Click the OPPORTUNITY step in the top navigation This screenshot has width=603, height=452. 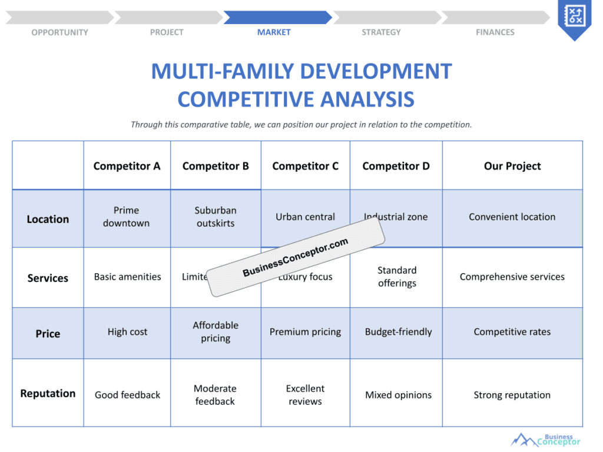pos(59,32)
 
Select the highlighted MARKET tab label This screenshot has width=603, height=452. pos(274,32)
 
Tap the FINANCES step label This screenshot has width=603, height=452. pos(495,32)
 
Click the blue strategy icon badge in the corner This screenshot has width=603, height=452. pos(574,16)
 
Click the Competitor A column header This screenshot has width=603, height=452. pos(127,166)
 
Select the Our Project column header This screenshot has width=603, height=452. pos(512,166)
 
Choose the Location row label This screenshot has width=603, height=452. pos(48,219)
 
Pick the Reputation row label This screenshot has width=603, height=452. pos(48,393)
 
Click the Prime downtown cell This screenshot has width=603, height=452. pos(127,217)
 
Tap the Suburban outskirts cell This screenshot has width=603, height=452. pos(216,217)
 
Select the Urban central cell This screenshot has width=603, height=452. pos(305,217)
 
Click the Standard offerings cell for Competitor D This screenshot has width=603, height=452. pos(397,277)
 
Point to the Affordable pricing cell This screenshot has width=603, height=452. pos(216,331)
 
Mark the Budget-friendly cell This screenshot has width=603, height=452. pos(398,332)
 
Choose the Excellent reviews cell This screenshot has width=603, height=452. pos(305,395)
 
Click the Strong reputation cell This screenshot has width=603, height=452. pos(512,395)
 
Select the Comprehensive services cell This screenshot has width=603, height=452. pos(512,277)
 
